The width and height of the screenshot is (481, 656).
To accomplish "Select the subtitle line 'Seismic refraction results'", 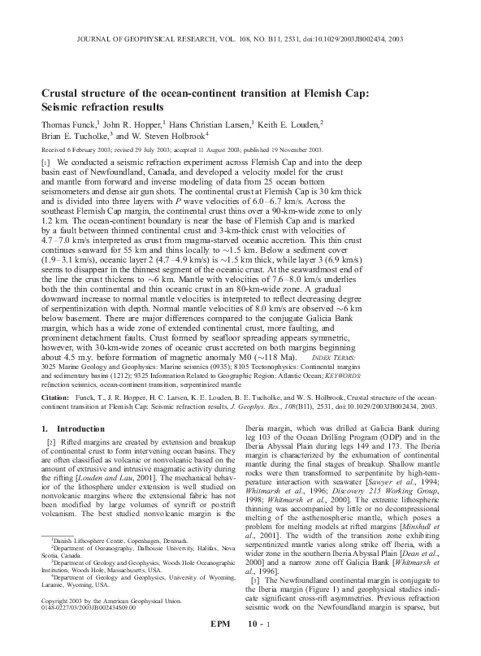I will [x=105, y=106].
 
